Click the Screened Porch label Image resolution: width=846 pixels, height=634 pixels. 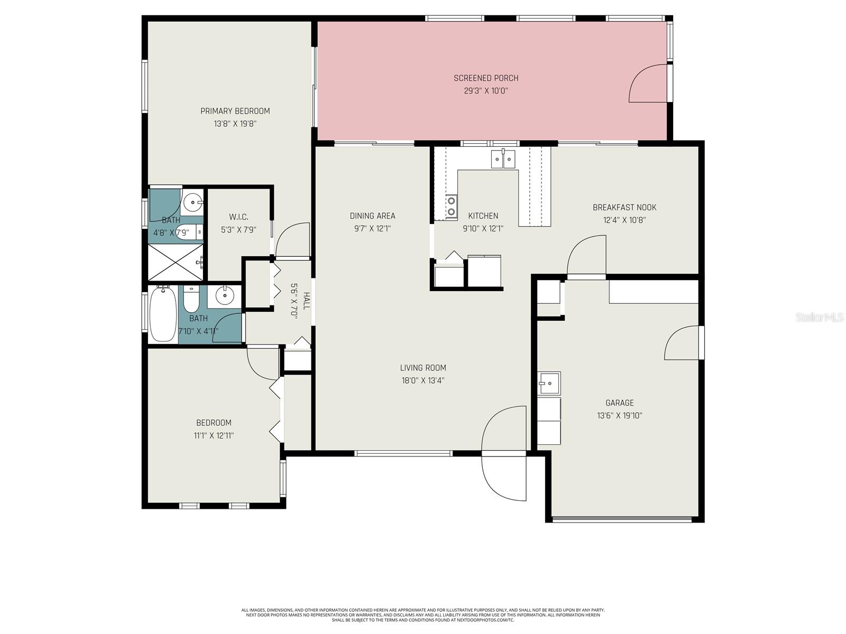[x=486, y=78]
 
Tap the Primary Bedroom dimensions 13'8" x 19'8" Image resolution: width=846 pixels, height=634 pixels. [x=235, y=124]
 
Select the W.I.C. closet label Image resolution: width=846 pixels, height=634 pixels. [x=238, y=217]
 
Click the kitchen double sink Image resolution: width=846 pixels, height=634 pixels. [x=503, y=159]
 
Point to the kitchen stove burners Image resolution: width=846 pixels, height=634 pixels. [x=452, y=207]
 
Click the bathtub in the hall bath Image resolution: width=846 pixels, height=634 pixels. [x=163, y=314]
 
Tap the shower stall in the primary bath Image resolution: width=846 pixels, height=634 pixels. [x=176, y=262]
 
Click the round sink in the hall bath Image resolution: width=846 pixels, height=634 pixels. [x=224, y=296]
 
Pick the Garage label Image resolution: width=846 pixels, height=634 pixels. [x=620, y=403]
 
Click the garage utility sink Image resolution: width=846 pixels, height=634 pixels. [x=549, y=383]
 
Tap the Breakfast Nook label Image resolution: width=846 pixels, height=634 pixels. [x=624, y=208]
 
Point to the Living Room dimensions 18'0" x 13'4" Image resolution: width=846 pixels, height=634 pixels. [x=422, y=380]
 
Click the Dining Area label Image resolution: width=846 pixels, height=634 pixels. [x=372, y=216]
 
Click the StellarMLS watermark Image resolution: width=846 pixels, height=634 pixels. [x=820, y=318]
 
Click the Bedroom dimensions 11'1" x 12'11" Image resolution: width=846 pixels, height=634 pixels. [x=214, y=436]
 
